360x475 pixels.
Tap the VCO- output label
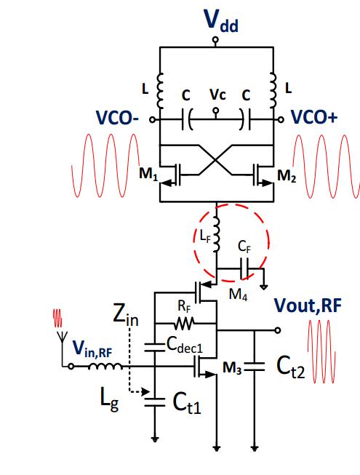[117, 118]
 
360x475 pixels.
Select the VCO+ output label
[314, 117]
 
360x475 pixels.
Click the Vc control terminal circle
[215, 111]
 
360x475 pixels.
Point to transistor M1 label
[148, 174]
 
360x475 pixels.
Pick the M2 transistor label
[287, 176]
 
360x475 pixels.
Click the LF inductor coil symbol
[216, 234]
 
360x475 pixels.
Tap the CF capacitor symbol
[244, 268]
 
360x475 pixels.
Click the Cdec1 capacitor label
[185, 346]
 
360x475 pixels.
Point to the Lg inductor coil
[105, 367]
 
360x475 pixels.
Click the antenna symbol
[63, 337]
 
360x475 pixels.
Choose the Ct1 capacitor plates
[155, 402]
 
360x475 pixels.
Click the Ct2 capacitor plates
[255, 367]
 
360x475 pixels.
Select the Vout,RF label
[308, 306]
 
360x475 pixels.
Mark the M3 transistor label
[232, 368]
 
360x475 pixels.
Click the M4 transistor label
[239, 294]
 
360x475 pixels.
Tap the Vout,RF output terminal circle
[277, 330]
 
